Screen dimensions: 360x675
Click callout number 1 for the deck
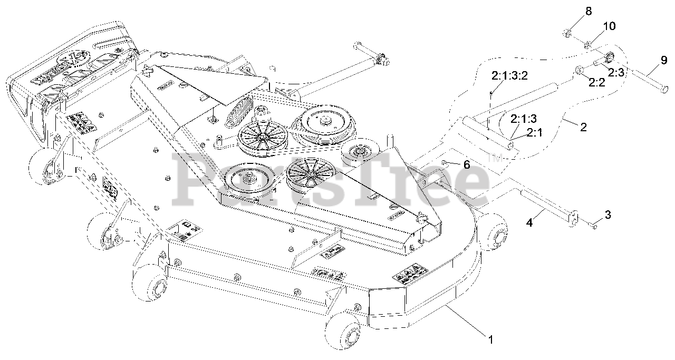click(491, 340)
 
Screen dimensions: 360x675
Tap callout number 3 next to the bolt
click(607, 215)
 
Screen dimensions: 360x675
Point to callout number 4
click(530, 223)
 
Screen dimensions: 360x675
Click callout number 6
click(466, 164)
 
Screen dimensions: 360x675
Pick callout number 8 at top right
click(574, 11)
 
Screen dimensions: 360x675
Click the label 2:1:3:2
click(509, 76)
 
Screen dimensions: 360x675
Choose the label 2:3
click(615, 73)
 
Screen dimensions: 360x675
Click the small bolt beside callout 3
click(592, 226)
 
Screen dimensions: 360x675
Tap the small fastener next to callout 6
click(446, 162)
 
